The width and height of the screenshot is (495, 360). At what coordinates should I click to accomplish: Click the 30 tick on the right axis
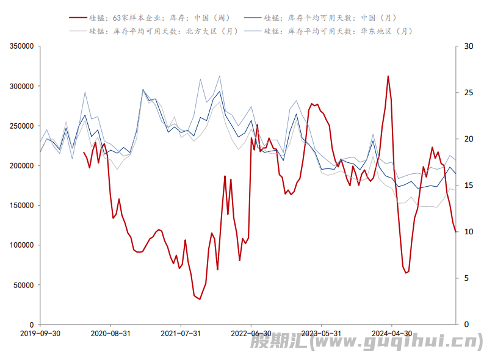(469, 46)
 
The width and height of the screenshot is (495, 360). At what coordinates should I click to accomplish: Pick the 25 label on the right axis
(469, 93)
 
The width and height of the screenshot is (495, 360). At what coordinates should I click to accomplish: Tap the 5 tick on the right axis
(467, 278)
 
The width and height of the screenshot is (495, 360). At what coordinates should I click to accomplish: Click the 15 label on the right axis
(469, 185)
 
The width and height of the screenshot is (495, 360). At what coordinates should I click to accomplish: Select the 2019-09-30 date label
(40, 334)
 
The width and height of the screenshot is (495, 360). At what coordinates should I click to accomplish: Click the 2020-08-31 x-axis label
(110, 334)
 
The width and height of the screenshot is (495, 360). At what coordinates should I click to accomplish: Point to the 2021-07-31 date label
(180, 334)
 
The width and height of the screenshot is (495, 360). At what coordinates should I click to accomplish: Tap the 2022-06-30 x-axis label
(250, 334)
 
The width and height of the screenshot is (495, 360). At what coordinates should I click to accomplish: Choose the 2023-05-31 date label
(320, 334)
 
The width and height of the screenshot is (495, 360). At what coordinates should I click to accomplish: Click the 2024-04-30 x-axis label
(391, 334)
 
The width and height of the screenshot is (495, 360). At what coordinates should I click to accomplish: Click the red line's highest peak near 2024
(388, 76)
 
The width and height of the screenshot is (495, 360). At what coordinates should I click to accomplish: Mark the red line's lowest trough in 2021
(200, 298)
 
